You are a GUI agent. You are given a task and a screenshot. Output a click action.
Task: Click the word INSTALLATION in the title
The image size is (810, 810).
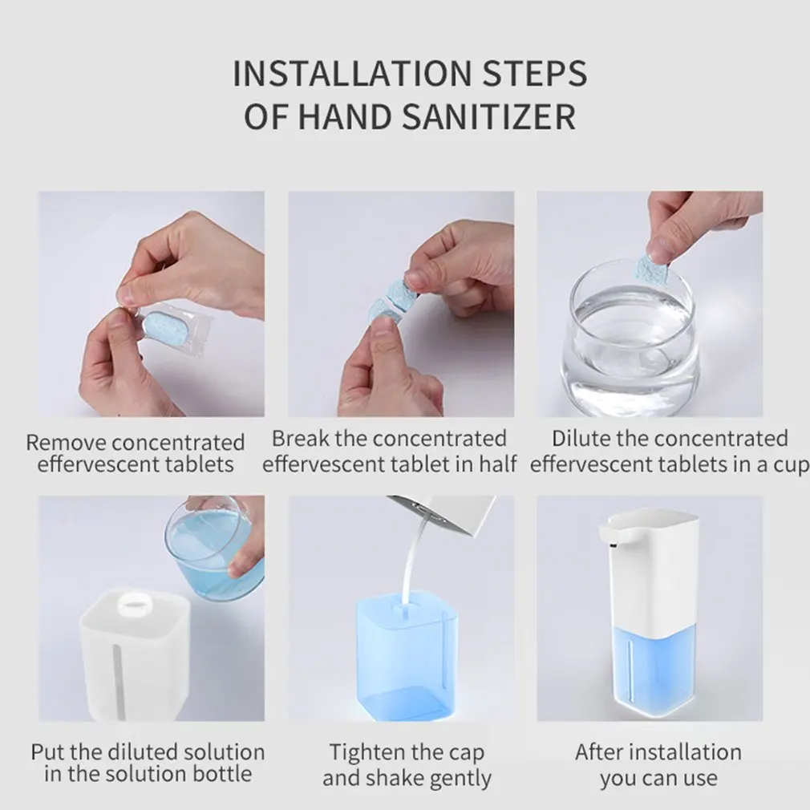click(352, 73)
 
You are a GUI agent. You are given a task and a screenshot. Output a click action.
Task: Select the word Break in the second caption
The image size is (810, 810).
click(300, 439)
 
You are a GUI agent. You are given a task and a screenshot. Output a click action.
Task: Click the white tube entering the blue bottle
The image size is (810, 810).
click(411, 563)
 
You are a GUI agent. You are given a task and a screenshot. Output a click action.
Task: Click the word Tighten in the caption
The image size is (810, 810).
click(367, 754)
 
